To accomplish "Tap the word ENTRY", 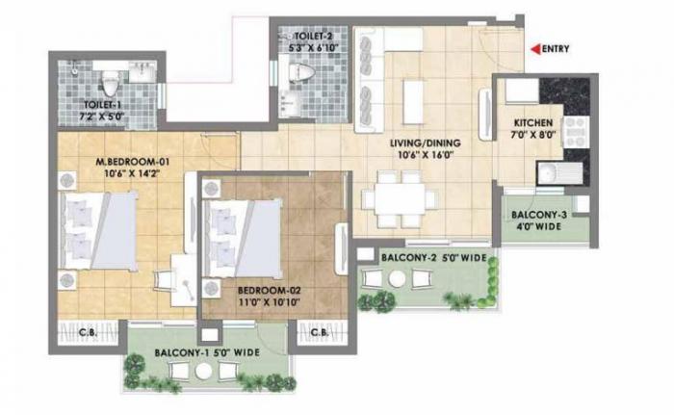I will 556,49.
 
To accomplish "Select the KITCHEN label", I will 531,123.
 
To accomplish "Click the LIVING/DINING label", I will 425,143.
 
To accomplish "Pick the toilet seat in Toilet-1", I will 109,77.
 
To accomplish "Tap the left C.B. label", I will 85,334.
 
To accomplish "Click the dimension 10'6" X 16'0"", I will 425,156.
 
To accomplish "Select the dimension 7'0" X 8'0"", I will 531,137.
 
